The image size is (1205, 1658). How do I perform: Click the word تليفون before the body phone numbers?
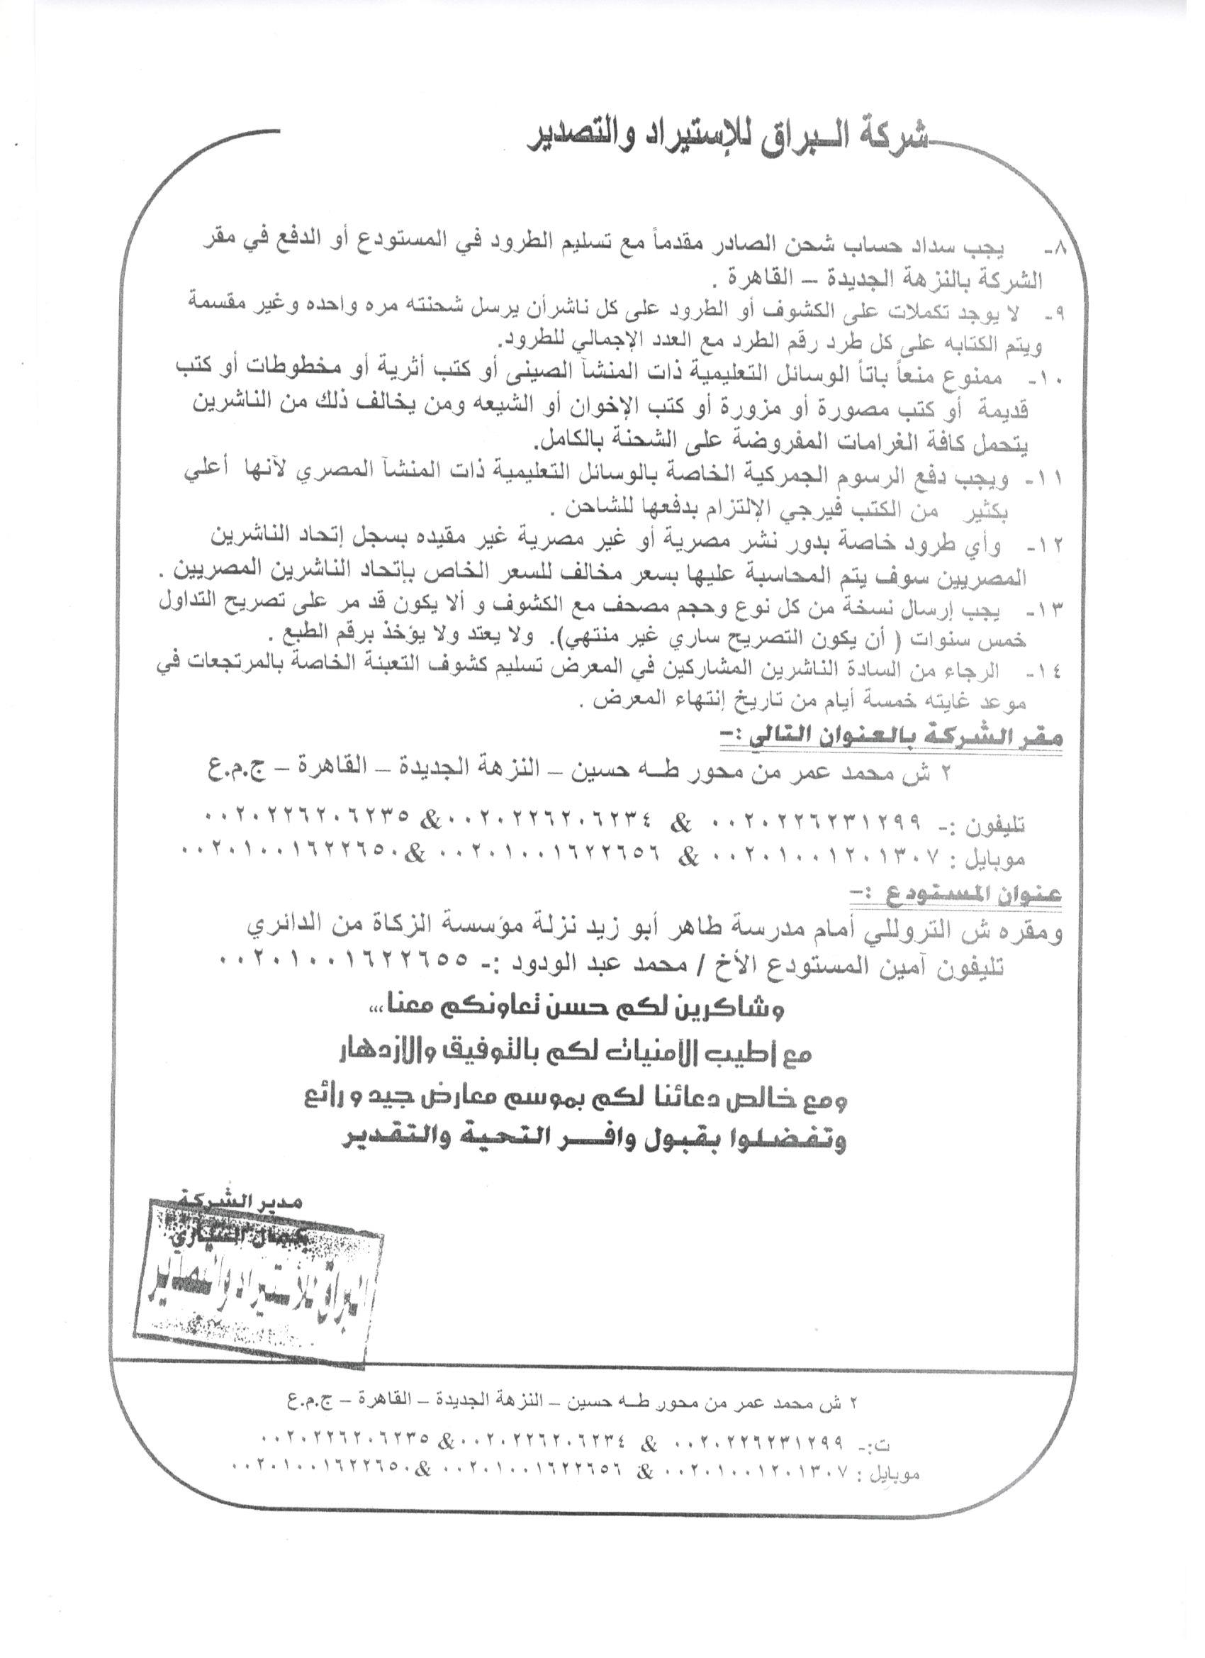[997, 826]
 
